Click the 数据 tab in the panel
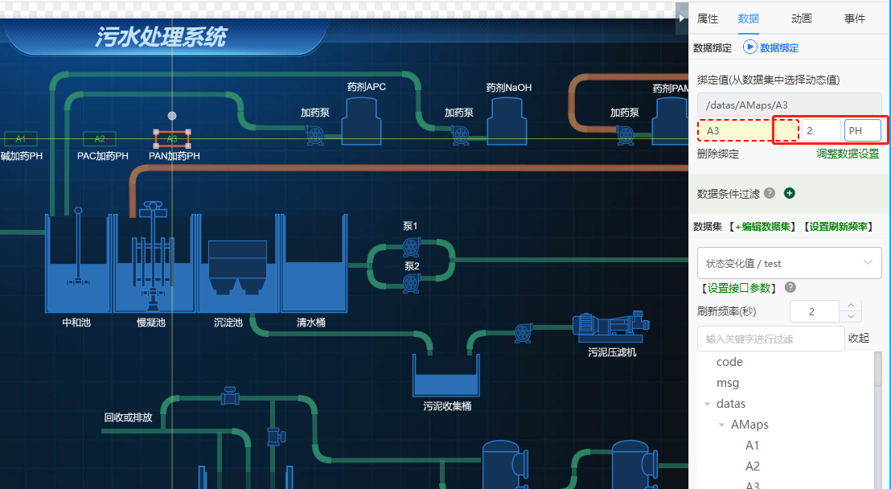[748, 18]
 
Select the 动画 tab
[801, 18]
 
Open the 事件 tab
[855, 18]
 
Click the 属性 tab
[708, 18]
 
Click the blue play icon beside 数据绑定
[749, 47]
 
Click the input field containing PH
[862, 130]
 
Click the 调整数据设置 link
[848, 154]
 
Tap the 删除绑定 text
[717, 154]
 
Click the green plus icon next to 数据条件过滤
[789, 193]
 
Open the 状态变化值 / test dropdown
[789, 263]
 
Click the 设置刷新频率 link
[840, 227]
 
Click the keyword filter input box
[770, 339]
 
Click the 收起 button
[858, 339]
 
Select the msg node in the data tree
[728, 383]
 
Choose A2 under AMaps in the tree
[752, 466]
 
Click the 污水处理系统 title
[161, 37]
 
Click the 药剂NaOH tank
[509, 121]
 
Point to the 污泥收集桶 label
[447, 406]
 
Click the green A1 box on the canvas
[21, 138]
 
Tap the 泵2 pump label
[411, 266]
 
